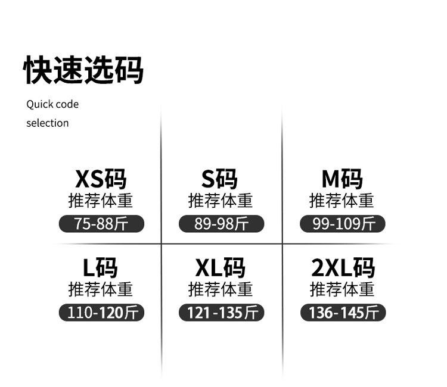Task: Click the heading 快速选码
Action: (83, 70)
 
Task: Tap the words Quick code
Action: (52, 104)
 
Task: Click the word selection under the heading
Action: (47, 123)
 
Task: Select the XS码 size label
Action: (101, 179)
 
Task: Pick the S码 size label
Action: (219, 179)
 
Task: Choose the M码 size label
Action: (342, 179)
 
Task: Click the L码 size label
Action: (100, 268)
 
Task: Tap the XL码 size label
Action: (221, 268)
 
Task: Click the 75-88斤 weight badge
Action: (101, 224)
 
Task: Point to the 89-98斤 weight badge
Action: (221, 224)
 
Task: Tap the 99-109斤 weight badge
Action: (343, 224)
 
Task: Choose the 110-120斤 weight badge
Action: (101, 313)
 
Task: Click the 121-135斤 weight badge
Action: (221, 313)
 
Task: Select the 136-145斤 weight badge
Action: (343, 313)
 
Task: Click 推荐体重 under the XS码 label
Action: (101, 201)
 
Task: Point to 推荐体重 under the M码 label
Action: (342, 201)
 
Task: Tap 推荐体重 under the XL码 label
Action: (221, 290)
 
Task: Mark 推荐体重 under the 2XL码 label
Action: (342, 290)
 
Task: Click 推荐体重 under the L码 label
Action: (101, 290)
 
